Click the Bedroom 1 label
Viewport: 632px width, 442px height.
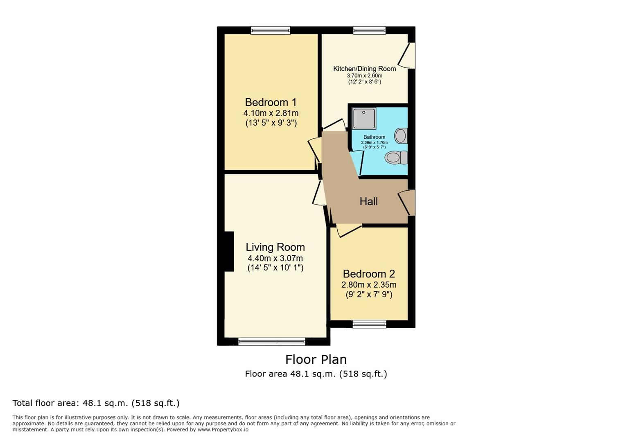pyautogui.click(x=271, y=102)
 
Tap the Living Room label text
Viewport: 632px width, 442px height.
pyautogui.click(x=275, y=247)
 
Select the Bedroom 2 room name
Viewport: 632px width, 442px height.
pyautogui.click(x=369, y=274)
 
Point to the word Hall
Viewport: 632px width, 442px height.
pyautogui.click(x=368, y=201)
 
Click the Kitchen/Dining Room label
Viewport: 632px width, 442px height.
pyautogui.click(x=365, y=69)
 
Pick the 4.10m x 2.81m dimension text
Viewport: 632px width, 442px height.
pyautogui.click(x=271, y=113)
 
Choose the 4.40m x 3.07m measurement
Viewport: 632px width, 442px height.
pyautogui.click(x=275, y=258)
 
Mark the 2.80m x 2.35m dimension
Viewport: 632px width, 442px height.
pyautogui.click(x=369, y=284)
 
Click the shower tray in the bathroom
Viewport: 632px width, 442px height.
pyautogui.click(x=364, y=118)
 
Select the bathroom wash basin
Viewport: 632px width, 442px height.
pyautogui.click(x=401, y=136)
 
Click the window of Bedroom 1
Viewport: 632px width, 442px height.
pyautogui.click(x=271, y=30)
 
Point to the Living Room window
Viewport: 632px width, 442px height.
pyautogui.click(x=272, y=342)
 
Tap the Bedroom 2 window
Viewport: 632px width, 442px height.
pyautogui.click(x=369, y=324)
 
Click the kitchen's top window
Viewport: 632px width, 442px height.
pyautogui.click(x=369, y=30)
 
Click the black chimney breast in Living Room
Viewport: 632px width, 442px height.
pyautogui.click(x=229, y=251)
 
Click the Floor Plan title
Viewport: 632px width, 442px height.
pyautogui.click(x=316, y=360)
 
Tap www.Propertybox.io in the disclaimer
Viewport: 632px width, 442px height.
pyautogui.click(x=223, y=430)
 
